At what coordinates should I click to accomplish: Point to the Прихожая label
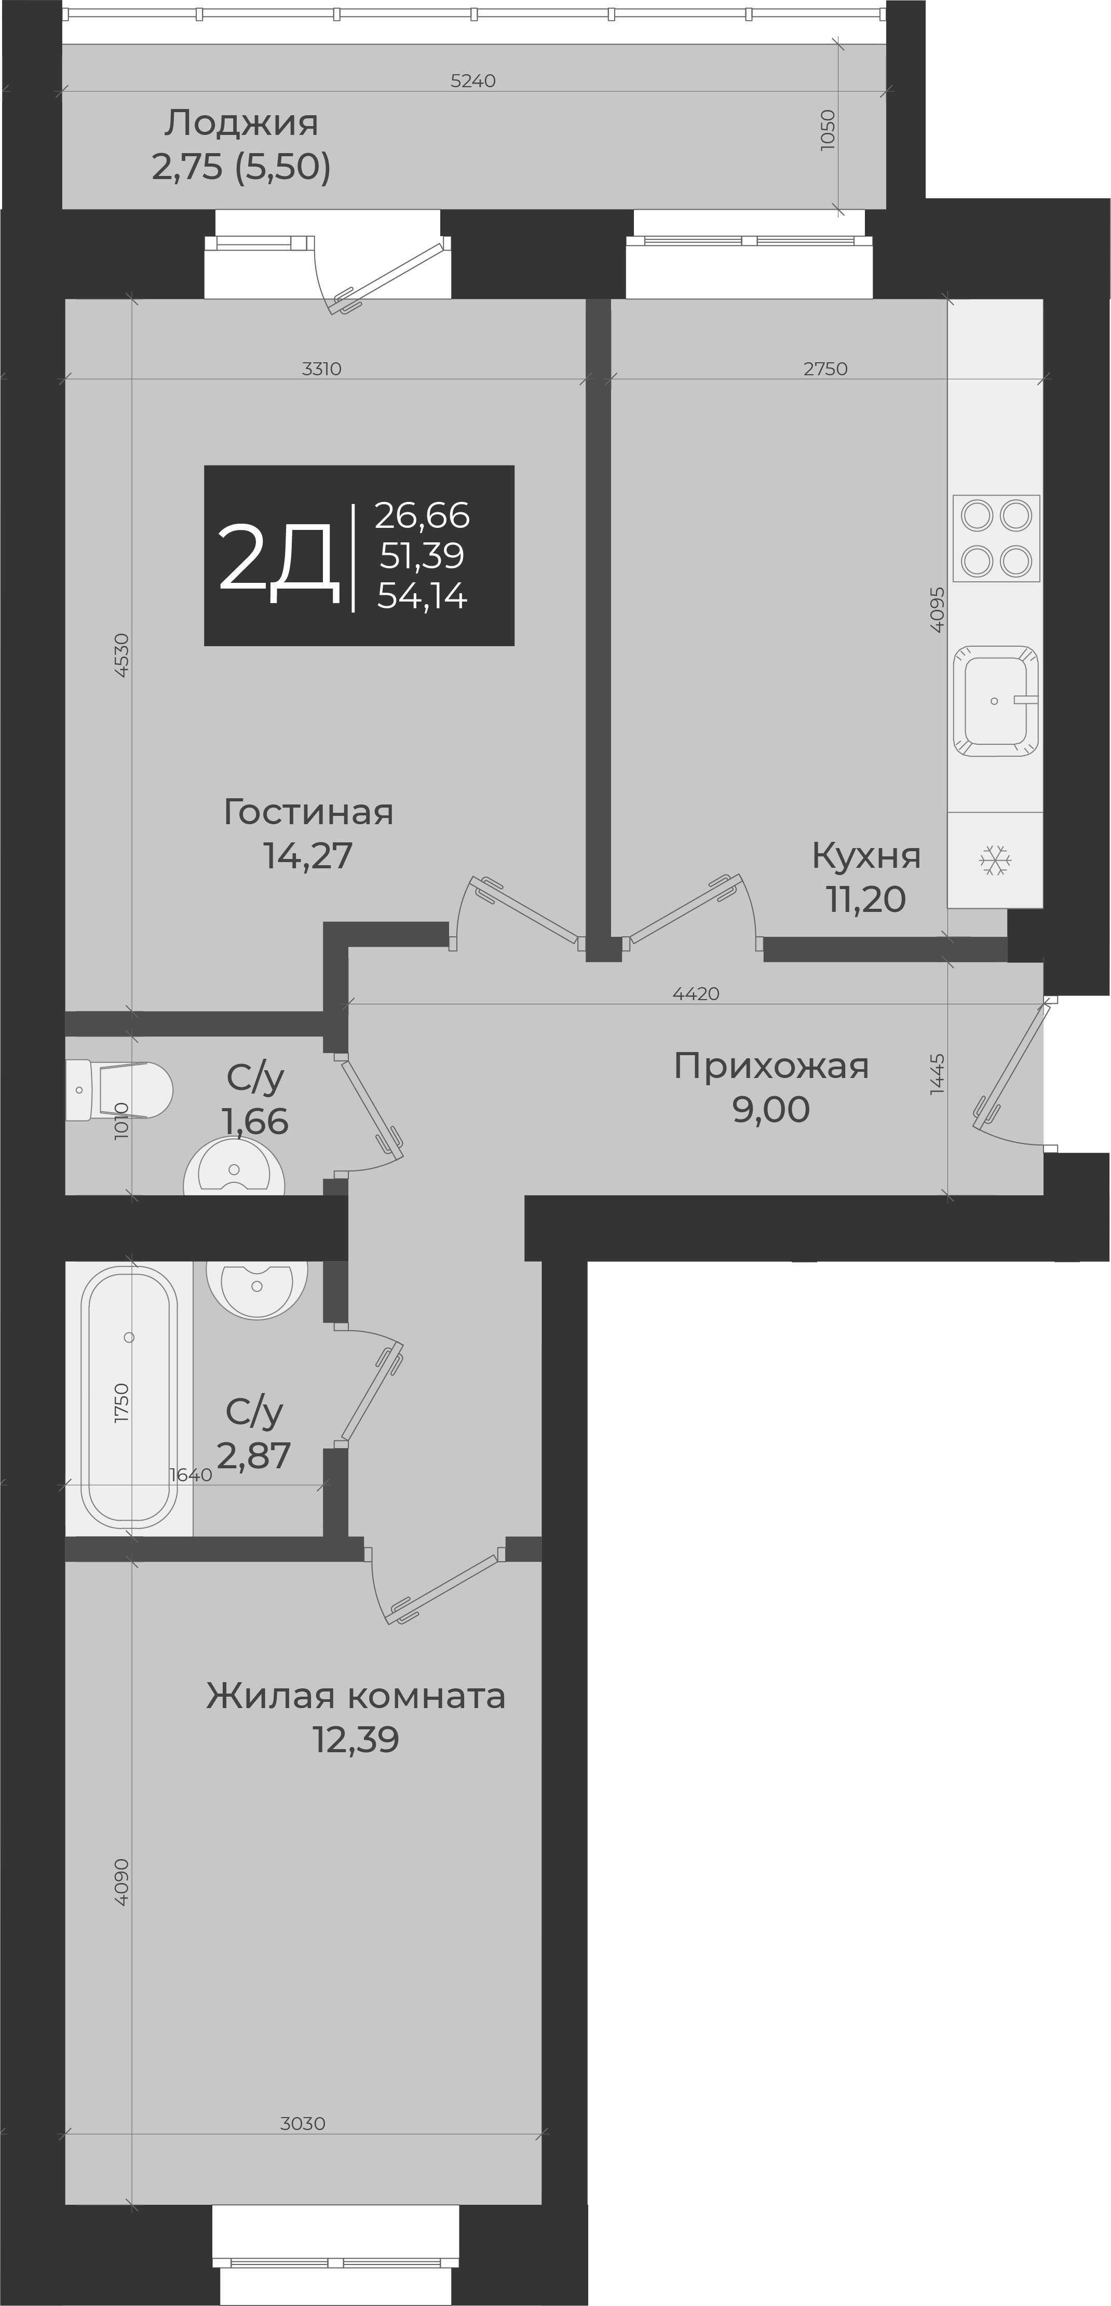(x=771, y=1066)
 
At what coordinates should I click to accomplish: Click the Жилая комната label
(x=356, y=1696)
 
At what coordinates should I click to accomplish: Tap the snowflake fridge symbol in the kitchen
(x=995, y=861)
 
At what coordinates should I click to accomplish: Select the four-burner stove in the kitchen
(x=996, y=538)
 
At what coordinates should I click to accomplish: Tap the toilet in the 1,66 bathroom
(x=118, y=1089)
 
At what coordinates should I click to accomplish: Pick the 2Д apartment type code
(x=278, y=558)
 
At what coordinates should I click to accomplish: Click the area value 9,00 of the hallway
(x=771, y=1110)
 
